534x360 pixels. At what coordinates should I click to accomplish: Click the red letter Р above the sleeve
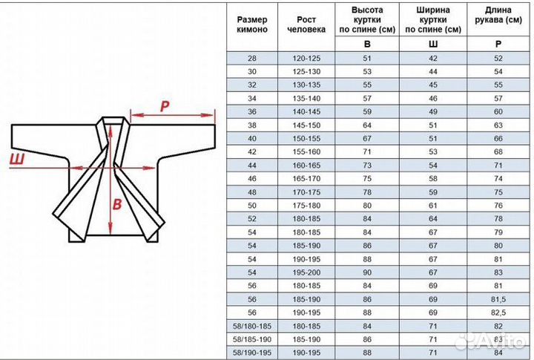tap(165, 106)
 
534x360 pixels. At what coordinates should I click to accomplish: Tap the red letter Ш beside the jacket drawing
tap(17, 159)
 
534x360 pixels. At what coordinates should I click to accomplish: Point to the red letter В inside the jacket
tap(117, 204)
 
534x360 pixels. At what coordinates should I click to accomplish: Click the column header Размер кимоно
tap(252, 24)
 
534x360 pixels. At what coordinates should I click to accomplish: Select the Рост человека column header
tap(306, 24)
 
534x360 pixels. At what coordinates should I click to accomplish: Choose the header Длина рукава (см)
tap(498, 15)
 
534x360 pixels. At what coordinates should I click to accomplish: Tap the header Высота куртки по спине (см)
tap(367, 20)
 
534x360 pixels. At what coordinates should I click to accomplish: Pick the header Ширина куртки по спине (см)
tap(433, 20)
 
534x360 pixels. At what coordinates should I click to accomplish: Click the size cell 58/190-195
tap(252, 353)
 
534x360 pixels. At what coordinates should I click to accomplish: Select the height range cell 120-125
tap(306, 59)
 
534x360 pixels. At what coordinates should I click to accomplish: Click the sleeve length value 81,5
tap(498, 299)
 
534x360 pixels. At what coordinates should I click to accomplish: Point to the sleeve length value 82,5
tap(498, 312)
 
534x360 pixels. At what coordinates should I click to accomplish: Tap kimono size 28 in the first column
tap(252, 59)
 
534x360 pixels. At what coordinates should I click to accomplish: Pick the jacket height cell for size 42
tap(367, 152)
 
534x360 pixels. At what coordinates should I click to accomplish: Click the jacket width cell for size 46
tap(433, 179)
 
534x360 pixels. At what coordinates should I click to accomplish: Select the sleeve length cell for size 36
tap(498, 112)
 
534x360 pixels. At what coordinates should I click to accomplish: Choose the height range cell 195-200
tap(306, 272)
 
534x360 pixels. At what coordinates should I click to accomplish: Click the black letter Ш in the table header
tap(433, 44)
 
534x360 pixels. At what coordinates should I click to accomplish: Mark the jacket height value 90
tap(367, 272)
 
